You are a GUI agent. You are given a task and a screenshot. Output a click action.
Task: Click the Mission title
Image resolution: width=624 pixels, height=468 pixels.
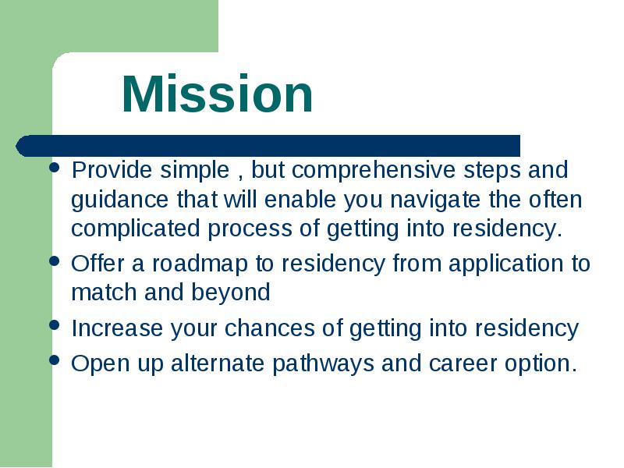(x=218, y=94)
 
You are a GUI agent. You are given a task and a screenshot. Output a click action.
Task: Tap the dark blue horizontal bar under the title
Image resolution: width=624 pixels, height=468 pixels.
(x=268, y=146)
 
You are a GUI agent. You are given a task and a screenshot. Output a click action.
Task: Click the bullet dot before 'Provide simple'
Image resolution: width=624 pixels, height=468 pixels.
(x=54, y=167)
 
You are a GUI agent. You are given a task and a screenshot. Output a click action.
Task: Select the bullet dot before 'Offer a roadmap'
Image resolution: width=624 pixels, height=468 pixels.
(x=54, y=261)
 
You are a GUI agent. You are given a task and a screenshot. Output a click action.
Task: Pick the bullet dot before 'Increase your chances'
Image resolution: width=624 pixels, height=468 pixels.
(x=54, y=324)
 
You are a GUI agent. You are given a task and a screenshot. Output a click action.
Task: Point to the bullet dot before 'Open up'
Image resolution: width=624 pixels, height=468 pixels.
(x=54, y=360)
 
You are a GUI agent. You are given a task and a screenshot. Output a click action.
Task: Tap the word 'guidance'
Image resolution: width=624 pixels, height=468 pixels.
(x=120, y=200)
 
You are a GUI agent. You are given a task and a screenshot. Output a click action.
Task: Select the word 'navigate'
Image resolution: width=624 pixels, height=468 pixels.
(x=435, y=200)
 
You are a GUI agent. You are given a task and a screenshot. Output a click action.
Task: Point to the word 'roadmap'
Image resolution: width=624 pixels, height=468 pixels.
(x=200, y=264)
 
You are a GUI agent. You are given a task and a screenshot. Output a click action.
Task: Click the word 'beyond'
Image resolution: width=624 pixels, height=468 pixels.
(x=231, y=293)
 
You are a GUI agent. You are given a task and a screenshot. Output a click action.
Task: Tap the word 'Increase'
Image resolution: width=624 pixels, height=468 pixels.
(x=117, y=328)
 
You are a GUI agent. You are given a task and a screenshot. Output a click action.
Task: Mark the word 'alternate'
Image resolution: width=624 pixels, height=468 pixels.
(x=218, y=363)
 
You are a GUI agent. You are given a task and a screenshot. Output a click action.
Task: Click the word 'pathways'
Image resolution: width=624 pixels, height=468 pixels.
(x=323, y=364)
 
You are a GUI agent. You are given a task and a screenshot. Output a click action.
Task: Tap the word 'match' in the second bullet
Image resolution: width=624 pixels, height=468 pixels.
(x=105, y=293)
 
